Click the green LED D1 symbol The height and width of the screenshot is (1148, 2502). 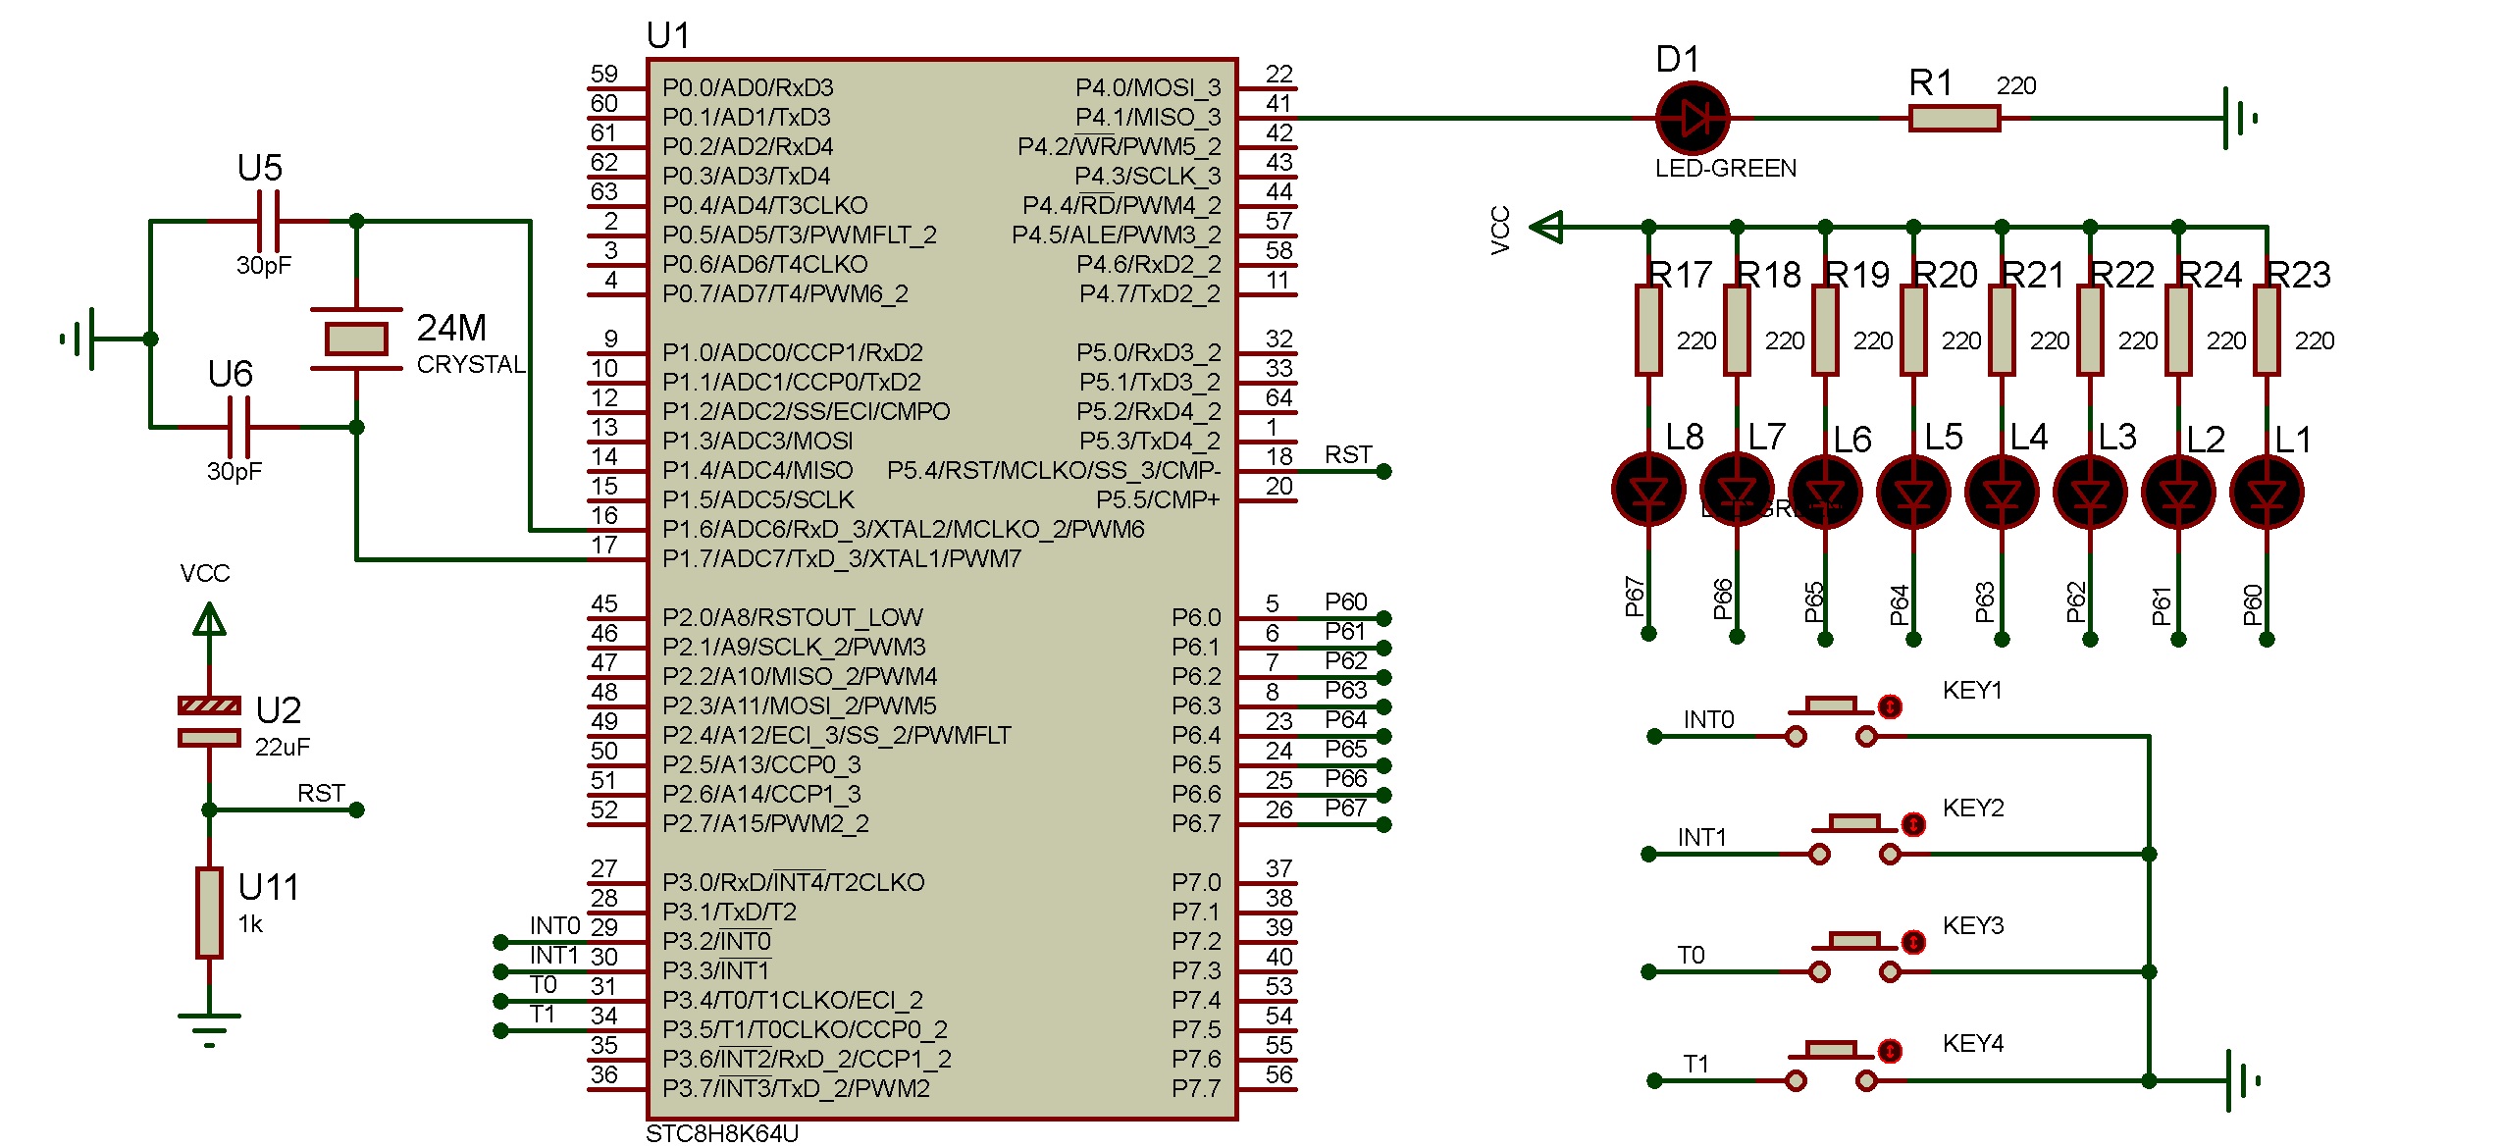point(1692,118)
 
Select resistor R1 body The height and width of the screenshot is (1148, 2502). point(1954,119)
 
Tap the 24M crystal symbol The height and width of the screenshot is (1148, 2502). point(356,339)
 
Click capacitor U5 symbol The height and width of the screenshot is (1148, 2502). point(268,222)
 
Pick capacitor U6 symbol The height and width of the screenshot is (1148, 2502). point(238,427)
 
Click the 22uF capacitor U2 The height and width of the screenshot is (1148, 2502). point(209,721)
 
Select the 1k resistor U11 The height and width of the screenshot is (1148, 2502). point(209,913)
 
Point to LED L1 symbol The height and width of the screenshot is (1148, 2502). point(2267,491)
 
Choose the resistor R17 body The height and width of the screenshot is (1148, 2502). point(1648,330)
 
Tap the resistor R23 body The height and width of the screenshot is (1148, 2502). point(2267,330)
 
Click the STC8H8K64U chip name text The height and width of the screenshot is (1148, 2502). point(722,1133)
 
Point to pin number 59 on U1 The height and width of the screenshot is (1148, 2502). point(604,74)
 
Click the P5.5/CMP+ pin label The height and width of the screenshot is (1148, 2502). point(1158,500)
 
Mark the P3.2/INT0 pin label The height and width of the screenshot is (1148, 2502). point(717,942)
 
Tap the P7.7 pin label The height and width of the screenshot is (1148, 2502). point(1196,1089)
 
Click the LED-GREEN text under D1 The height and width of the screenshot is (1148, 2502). point(1726,169)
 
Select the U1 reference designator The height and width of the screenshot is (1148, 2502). point(668,36)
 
